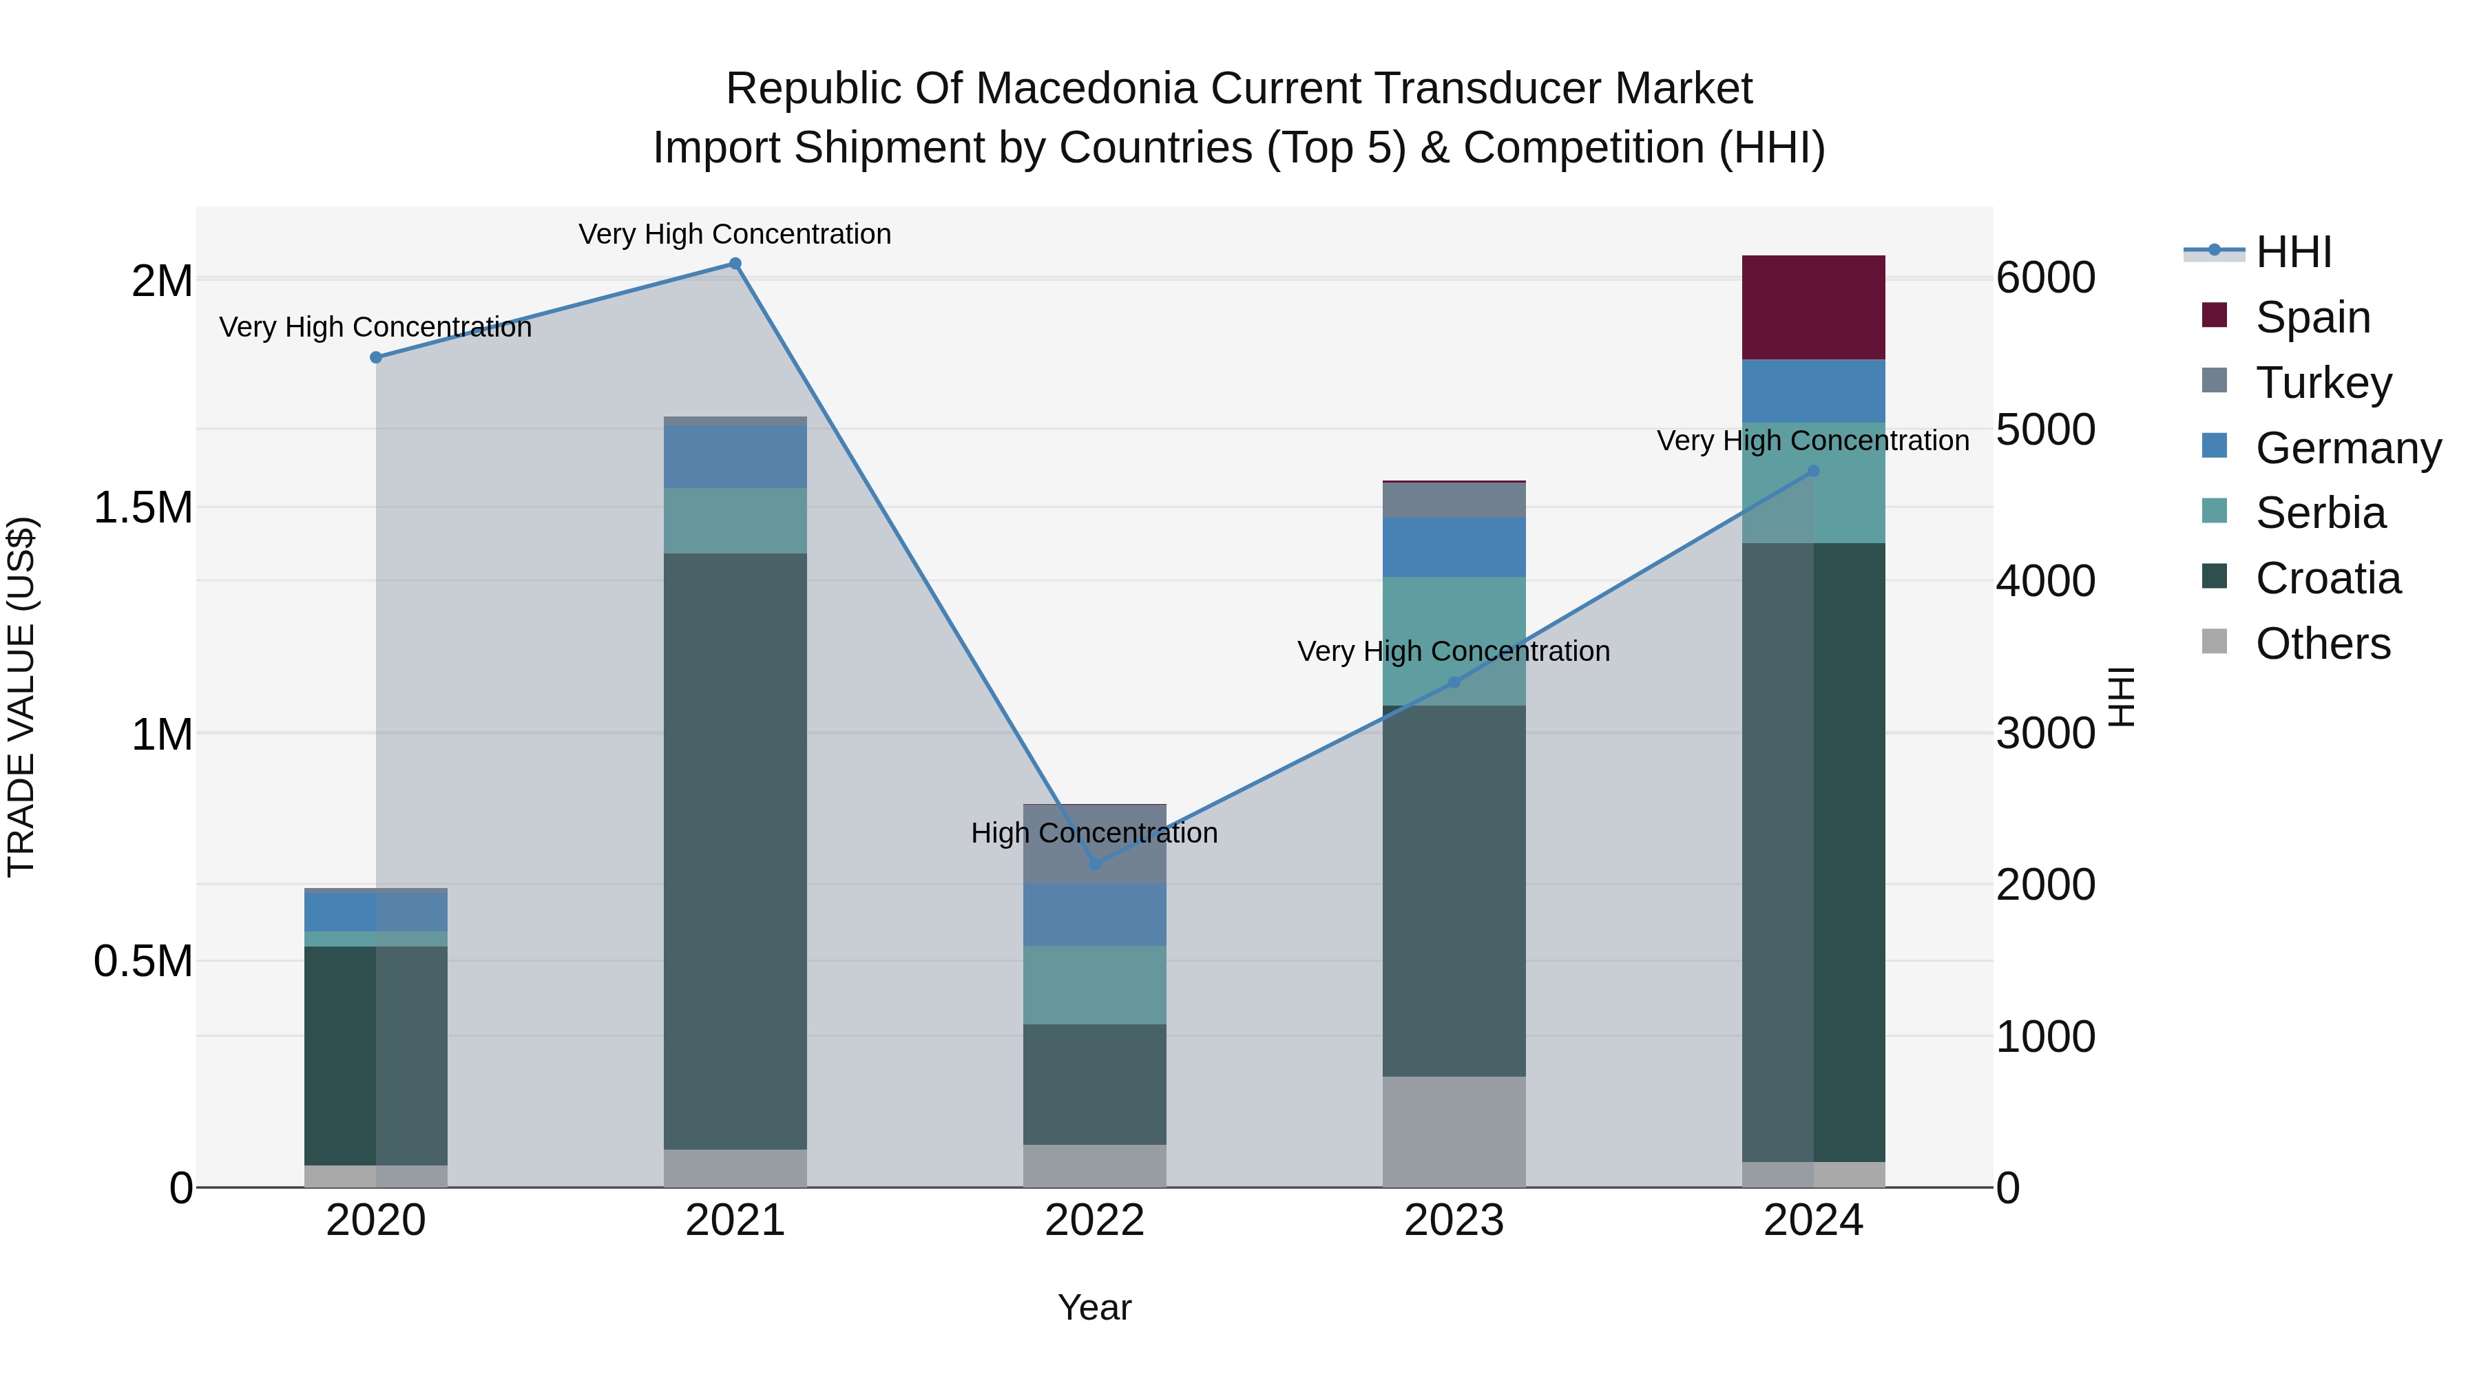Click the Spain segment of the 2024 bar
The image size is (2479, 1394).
pyautogui.click(x=1813, y=307)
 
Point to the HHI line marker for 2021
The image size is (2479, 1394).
pyautogui.click(x=735, y=264)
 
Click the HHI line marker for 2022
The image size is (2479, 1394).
pyautogui.click(x=1094, y=864)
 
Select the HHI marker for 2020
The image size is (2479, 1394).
pyautogui.click(x=376, y=357)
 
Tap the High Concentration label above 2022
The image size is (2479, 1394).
pyautogui.click(x=1094, y=833)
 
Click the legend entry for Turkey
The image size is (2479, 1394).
pyautogui.click(x=2323, y=383)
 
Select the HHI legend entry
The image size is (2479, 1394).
pyautogui.click(x=2293, y=252)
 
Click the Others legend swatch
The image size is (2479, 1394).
pyautogui.click(x=2215, y=642)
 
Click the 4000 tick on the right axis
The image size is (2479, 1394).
pyautogui.click(x=2045, y=581)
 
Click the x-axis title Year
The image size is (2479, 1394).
pyautogui.click(x=1094, y=1307)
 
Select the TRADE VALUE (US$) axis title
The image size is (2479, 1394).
pyautogui.click(x=21, y=697)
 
